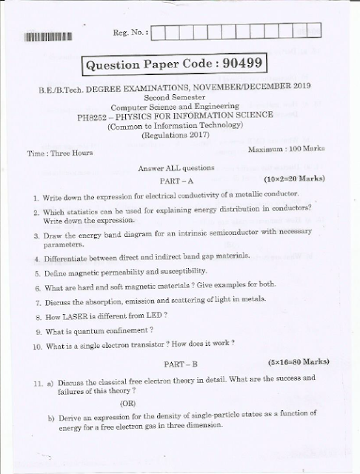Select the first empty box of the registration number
pyautogui.click(x=165, y=32)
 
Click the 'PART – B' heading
pyautogui.click(x=181, y=364)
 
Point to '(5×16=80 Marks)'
pyautogui.click(x=297, y=362)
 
